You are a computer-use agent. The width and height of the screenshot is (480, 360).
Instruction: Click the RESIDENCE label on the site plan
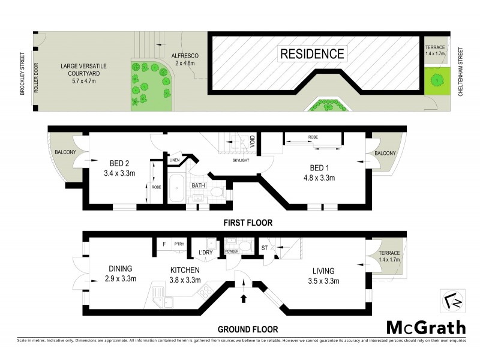(x=313, y=53)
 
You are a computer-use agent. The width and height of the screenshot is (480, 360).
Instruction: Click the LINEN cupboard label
(x=175, y=160)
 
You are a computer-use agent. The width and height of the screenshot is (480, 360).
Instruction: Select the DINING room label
(x=121, y=274)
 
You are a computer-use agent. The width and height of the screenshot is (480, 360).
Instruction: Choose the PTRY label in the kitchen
(x=179, y=244)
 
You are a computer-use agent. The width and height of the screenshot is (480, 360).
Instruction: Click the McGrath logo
(x=425, y=327)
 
